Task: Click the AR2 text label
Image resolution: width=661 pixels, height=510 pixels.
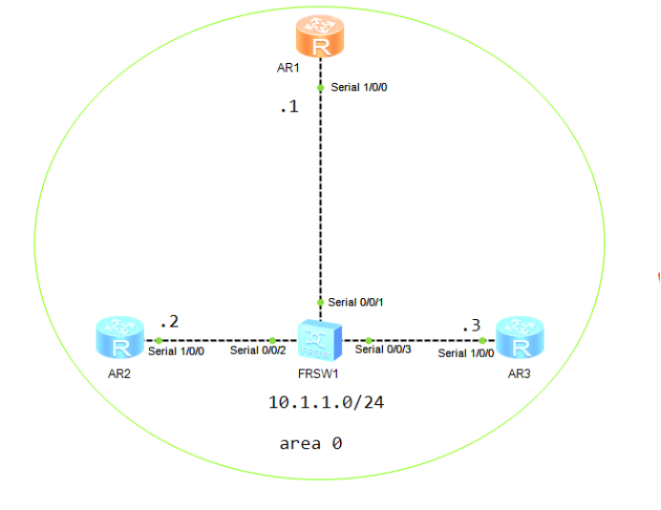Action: point(118,373)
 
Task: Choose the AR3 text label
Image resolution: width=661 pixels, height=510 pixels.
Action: point(519,373)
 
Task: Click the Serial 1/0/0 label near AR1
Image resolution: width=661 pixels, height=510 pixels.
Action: point(359,87)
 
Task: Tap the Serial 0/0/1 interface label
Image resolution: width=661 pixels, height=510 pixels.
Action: point(356,303)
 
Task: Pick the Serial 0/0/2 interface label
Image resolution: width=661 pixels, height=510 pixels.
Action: point(257,351)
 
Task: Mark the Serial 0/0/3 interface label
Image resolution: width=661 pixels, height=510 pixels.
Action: point(383,350)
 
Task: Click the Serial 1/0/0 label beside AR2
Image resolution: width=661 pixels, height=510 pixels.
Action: point(177,351)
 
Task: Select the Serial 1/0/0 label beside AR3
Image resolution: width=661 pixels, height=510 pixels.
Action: point(466,353)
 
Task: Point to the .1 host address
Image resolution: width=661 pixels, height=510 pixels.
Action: point(288,107)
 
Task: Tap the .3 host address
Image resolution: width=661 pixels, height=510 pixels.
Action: point(471,326)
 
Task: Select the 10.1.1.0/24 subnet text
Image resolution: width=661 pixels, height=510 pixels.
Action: point(326,402)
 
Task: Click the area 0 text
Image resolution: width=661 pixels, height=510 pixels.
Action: point(310,443)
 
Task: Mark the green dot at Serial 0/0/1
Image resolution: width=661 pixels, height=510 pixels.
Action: point(320,303)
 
